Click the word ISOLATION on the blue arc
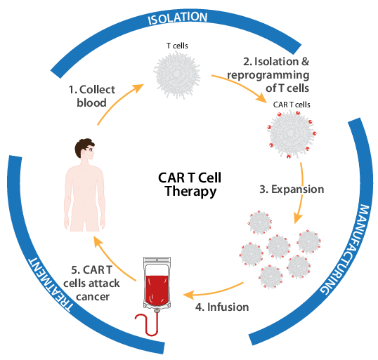click(x=178, y=18)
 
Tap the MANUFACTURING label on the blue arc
click(x=347, y=250)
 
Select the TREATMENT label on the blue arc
click(x=50, y=285)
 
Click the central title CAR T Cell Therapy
click(x=190, y=185)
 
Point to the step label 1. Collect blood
click(x=92, y=96)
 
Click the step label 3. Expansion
click(x=292, y=189)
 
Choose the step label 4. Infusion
click(x=222, y=307)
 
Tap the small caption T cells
click(x=177, y=46)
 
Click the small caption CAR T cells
click(x=292, y=105)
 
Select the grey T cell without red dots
click(x=177, y=74)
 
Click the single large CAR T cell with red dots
click(x=292, y=134)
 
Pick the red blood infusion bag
click(x=157, y=284)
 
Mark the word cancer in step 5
click(x=93, y=297)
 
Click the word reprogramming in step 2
click(x=268, y=75)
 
